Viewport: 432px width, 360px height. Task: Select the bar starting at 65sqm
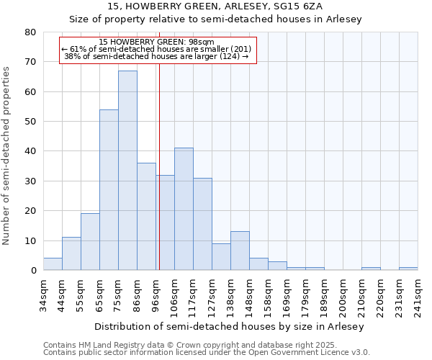[109, 190]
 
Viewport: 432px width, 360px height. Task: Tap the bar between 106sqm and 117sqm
[184, 209]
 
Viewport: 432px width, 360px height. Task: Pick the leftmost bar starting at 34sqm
[53, 264]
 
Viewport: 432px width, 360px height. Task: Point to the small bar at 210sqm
[371, 269]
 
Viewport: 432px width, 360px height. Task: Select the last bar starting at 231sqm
[408, 269]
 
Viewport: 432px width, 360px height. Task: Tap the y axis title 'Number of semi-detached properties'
[7, 155]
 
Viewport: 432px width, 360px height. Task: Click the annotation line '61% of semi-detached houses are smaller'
[157, 49]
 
